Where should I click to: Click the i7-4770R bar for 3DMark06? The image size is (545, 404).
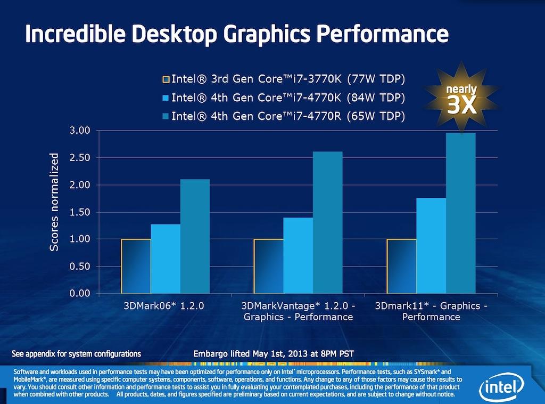[195, 236]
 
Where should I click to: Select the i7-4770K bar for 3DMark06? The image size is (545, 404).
[166, 258]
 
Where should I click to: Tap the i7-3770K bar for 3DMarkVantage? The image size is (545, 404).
[269, 266]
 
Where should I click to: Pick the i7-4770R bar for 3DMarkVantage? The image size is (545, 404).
[327, 223]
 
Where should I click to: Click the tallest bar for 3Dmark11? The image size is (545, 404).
[460, 213]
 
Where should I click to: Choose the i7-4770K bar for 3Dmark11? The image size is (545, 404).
[431, 246]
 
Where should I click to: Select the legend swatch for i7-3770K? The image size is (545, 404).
[166, 80]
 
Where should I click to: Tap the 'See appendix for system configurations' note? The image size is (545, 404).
[77, 353]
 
